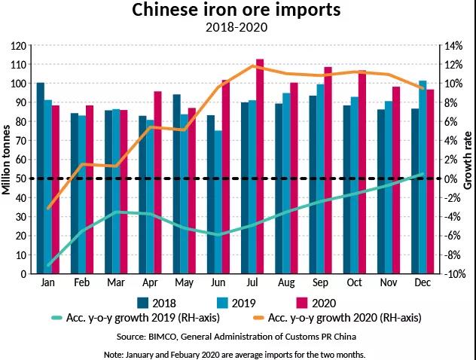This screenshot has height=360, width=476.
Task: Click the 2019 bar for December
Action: (x=423, y=177)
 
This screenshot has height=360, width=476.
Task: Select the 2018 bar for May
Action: (x=177, y=184)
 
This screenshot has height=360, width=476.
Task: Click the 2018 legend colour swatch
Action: (x=143, y=303)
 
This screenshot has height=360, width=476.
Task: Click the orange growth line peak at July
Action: (x=260, y=66)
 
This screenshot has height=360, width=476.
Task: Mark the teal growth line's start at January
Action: (x=49, y=265)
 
